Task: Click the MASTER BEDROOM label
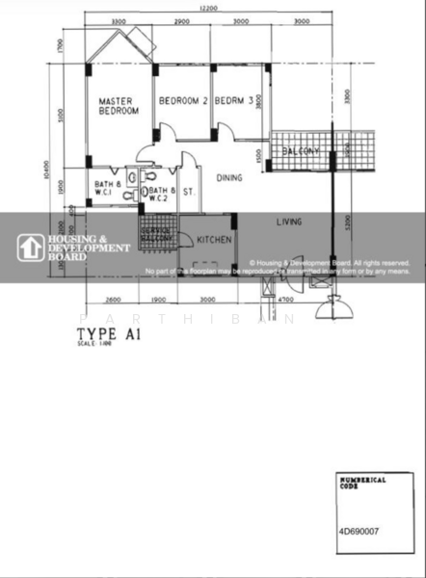(119, 106)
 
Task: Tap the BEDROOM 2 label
(183, 101)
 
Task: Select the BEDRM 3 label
(234, 101)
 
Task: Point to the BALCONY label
(302, 152)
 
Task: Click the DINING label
(228, 177)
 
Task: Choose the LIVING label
(289, 222)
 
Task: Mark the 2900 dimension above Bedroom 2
(181, 20)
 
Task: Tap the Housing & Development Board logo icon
(29, 248)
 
